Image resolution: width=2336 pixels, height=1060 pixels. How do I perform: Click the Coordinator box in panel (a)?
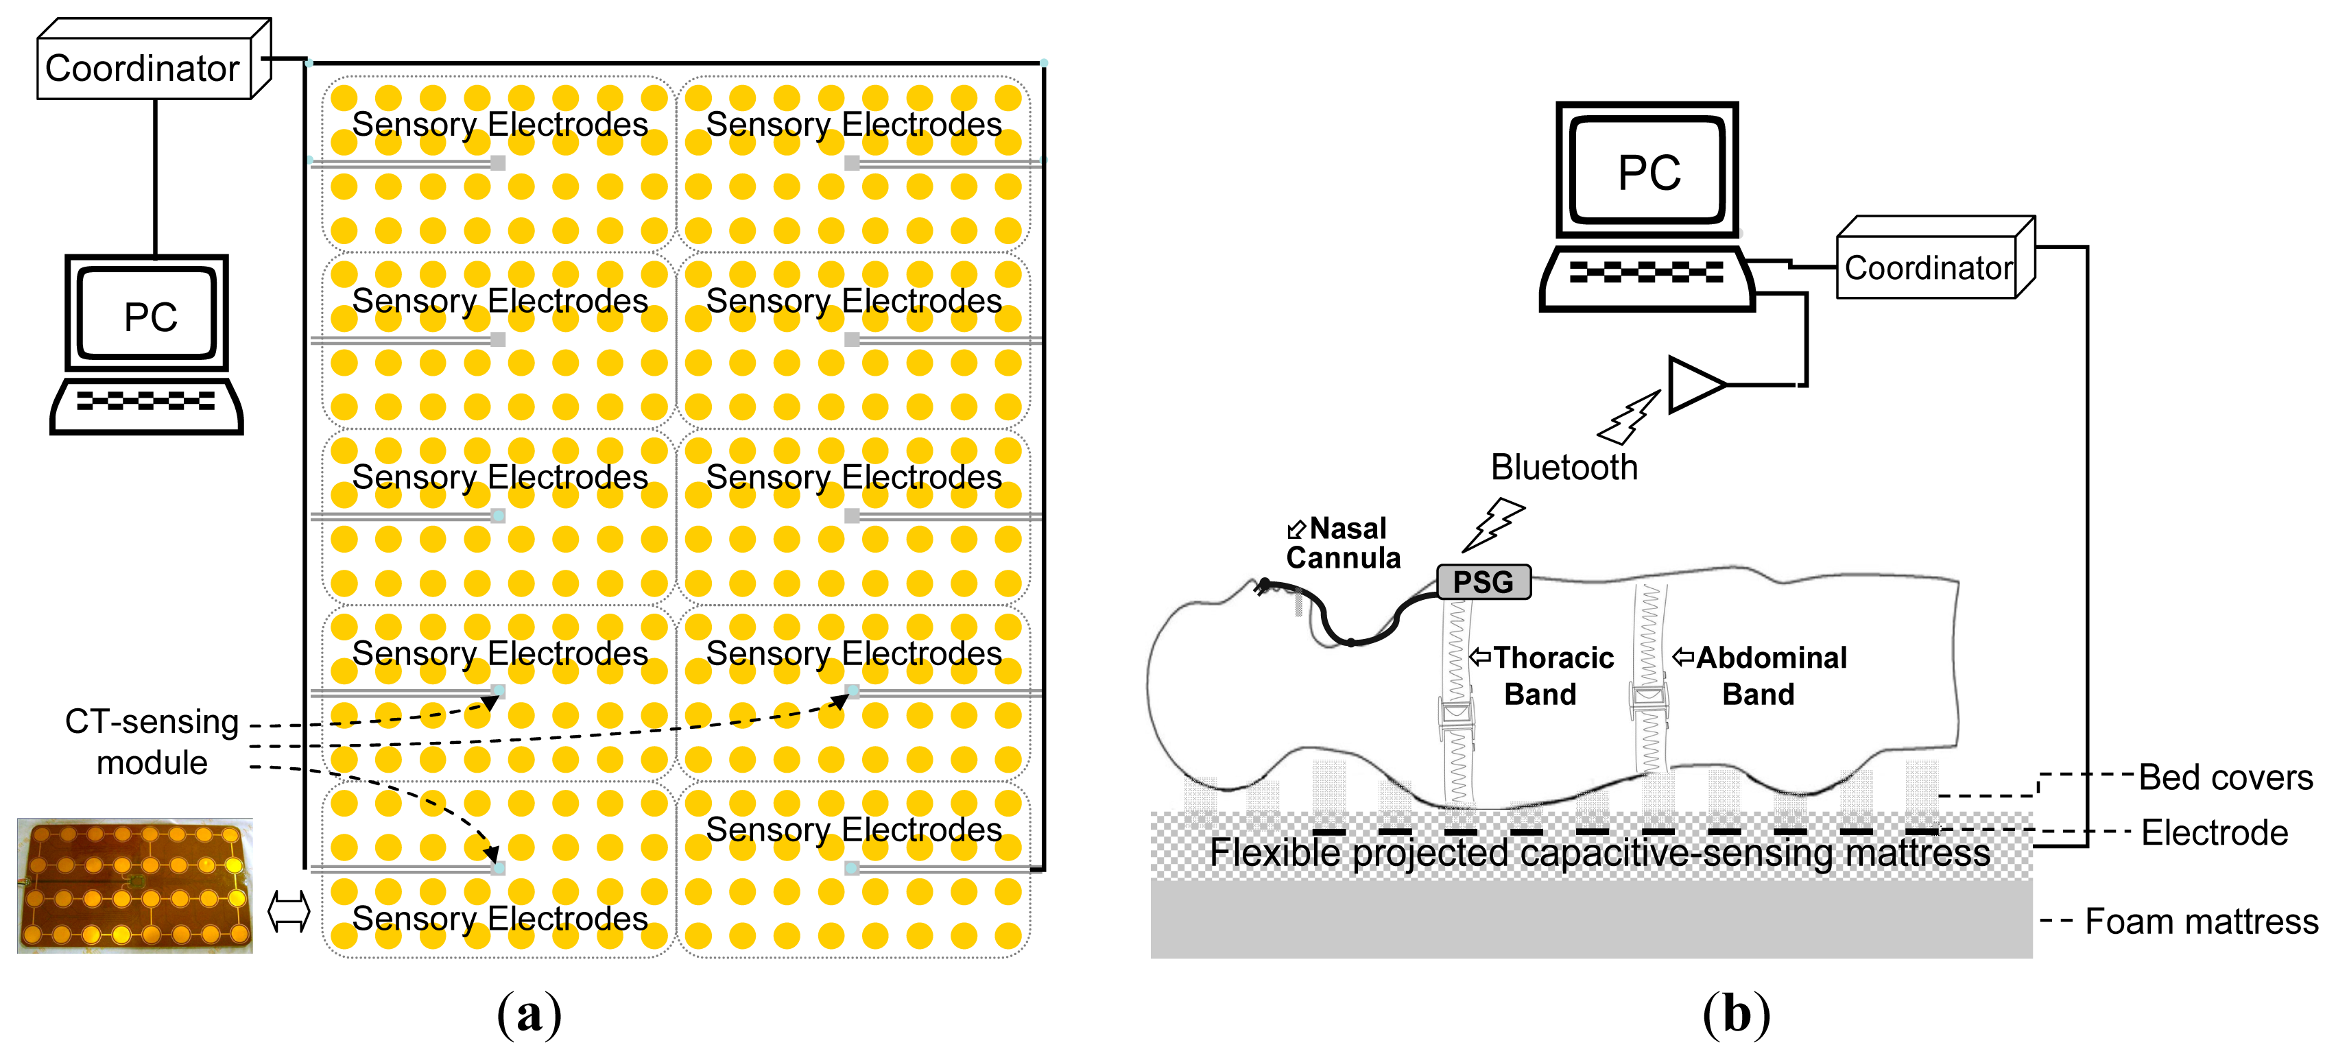[143, 68]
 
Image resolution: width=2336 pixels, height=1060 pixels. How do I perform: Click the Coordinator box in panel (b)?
[1928, 267]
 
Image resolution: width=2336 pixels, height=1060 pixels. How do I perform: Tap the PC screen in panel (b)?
[1647, 172]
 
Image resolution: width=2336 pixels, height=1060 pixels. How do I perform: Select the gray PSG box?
[1483, 581]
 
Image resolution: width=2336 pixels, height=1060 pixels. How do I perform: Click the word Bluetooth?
[1564, 467]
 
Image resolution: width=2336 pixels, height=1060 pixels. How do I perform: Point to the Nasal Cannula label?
[1344, 542]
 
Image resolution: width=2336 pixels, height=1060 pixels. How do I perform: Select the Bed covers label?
[2226, 777]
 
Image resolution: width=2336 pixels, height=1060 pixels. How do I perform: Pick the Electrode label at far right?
[2214, 832]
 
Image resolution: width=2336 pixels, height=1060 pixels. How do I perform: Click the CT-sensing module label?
[152, 740]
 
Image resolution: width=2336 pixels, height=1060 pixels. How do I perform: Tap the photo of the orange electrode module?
[134, 885]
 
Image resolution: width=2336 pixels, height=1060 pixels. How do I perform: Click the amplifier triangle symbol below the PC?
[1693, 385]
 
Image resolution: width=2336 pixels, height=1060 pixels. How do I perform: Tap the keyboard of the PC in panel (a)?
[146, 402]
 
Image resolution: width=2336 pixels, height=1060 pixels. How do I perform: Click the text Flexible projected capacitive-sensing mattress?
[1599, 852]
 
